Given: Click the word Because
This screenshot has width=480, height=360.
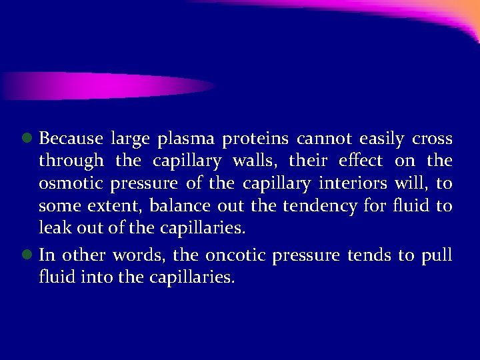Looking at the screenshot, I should tap(71, 139).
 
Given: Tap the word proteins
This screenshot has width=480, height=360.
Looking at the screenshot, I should tap(255, 140).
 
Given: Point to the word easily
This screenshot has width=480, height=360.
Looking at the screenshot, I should tap(381, 140).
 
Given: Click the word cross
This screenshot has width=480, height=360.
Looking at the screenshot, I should tap(433, 140).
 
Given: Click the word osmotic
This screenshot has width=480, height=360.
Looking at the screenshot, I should tap(68, 184).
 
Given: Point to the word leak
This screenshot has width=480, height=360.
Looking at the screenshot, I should tap(53, 229).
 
